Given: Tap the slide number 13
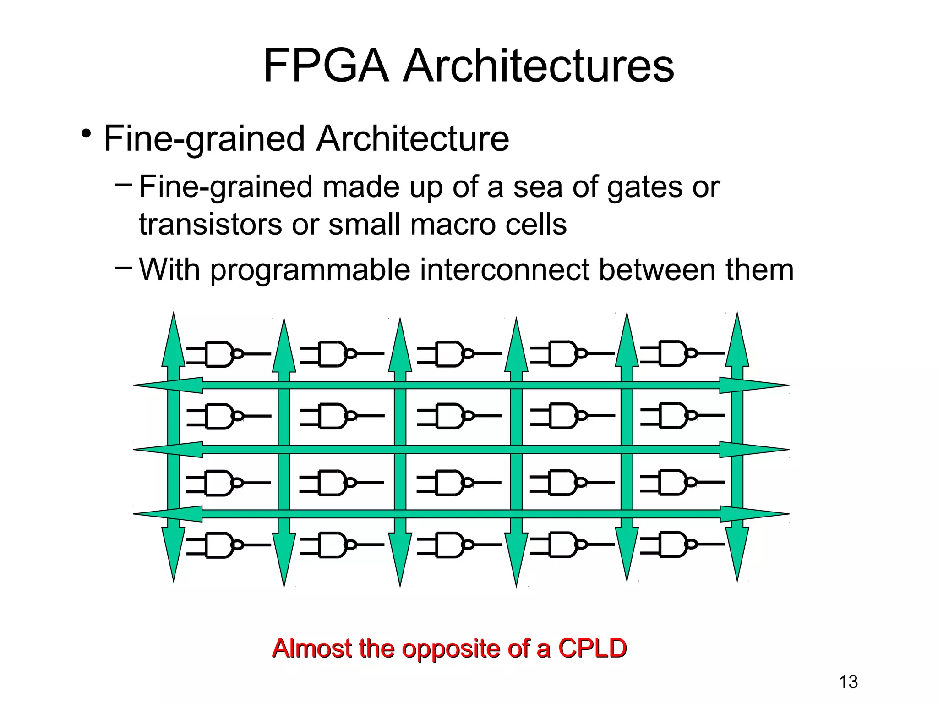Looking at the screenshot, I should coord(848,682).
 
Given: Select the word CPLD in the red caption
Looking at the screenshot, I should coord(592,648).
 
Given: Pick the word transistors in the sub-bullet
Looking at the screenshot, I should coord(210,224).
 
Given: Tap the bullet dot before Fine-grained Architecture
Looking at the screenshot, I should coord(85,135).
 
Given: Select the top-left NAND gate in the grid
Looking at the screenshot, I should coord(220,354).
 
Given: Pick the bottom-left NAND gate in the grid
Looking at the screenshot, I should coord(220,544).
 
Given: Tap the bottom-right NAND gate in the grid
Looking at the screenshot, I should coord(673,544).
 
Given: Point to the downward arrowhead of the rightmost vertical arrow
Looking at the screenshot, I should coord(737,555).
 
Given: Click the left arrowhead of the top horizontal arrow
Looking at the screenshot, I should coord(167,385).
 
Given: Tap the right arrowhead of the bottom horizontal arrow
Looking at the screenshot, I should coord(753,514).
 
